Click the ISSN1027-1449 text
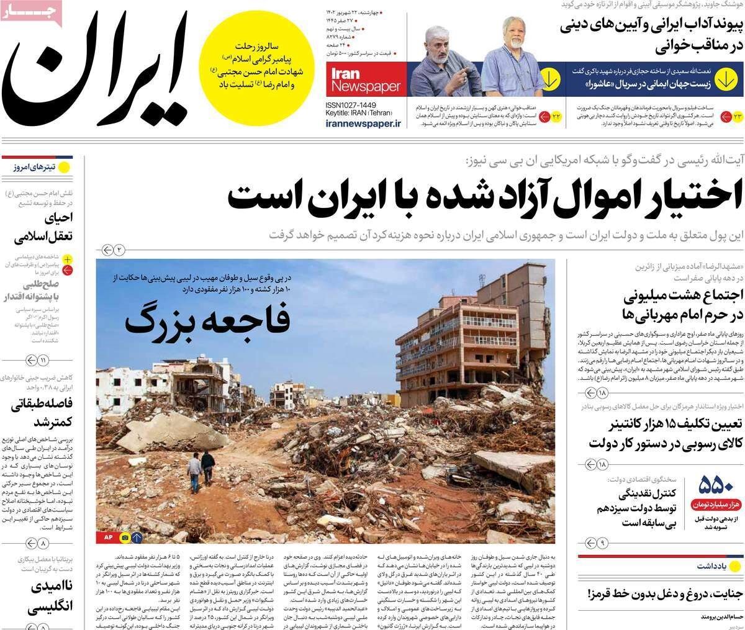354,105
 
